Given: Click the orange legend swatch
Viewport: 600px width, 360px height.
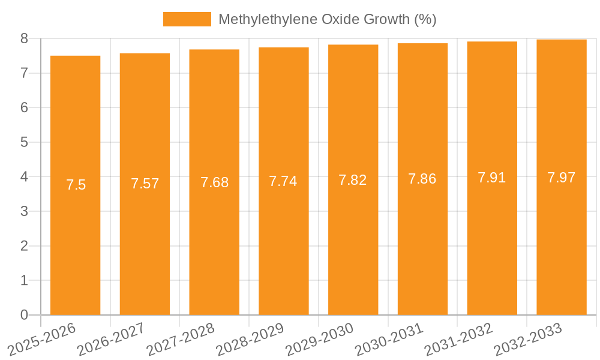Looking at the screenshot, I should coord(187,19).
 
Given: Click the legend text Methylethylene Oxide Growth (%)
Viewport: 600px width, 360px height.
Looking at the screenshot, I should coord(327,19).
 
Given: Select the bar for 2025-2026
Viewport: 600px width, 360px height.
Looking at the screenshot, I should coord(75,240).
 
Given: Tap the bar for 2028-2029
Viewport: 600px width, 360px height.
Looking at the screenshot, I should coord(283,240).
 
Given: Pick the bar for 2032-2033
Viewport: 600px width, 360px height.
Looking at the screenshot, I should coord(561,240).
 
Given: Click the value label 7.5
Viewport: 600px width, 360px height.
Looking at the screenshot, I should coord(76,185).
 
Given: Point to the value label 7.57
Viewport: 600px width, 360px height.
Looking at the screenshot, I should coord(145,184).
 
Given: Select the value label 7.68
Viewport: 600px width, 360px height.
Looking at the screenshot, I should coord(214,182).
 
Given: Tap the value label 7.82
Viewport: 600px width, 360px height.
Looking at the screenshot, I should coord(353,180).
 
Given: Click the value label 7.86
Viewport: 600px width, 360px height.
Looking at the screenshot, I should coord(422,179).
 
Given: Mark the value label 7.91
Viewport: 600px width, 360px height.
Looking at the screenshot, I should coord(492,178).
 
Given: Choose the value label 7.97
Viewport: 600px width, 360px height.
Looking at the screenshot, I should coord(561,178).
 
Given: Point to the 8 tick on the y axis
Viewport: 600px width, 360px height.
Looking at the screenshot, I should coord(24,38).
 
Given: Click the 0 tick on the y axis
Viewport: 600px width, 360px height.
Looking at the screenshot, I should coord(24,315).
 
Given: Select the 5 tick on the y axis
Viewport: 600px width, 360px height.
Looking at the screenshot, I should coord(24,142).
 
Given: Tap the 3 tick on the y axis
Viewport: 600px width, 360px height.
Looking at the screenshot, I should coord(24,211).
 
